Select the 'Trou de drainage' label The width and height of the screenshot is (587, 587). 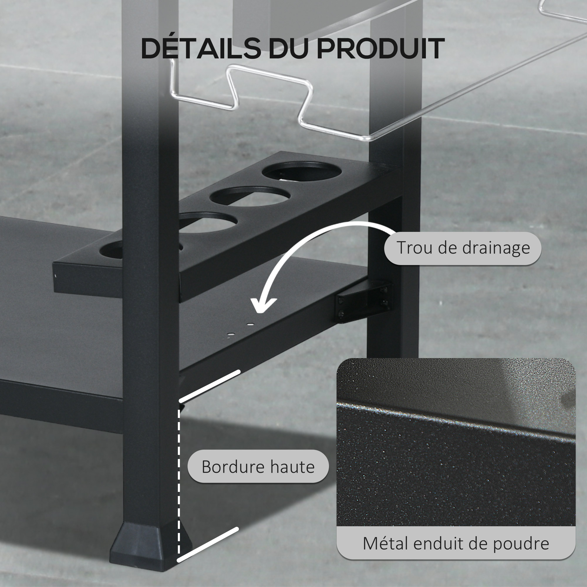pos(463,248)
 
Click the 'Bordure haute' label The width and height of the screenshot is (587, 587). pos(258,466)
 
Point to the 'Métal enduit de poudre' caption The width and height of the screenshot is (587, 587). pos(456,543)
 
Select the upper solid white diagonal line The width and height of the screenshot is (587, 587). pos(210,386)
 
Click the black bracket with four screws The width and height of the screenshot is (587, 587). pos(364,303)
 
